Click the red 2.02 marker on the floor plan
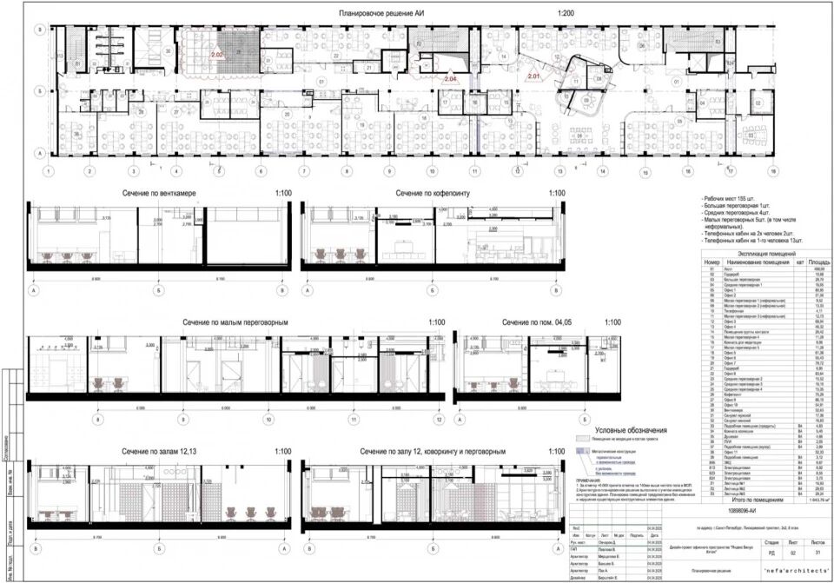217,55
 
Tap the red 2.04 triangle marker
450,79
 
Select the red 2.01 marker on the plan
533,76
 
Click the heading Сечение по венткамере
156,193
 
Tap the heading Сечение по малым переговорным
235,322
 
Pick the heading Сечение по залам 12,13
159,452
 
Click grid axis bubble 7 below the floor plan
303,171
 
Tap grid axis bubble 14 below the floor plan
601,171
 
